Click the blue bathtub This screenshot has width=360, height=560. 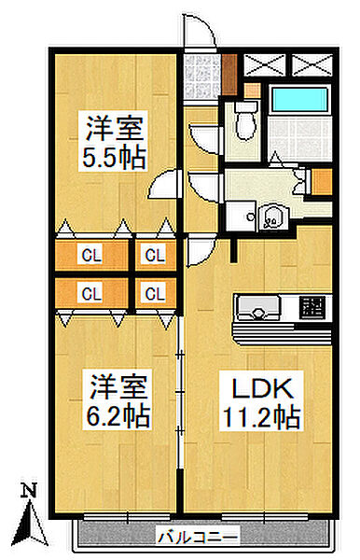(298, 101)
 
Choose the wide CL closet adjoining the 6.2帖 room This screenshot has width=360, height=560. (91, 293)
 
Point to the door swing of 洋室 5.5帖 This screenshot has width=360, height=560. (165, 185)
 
